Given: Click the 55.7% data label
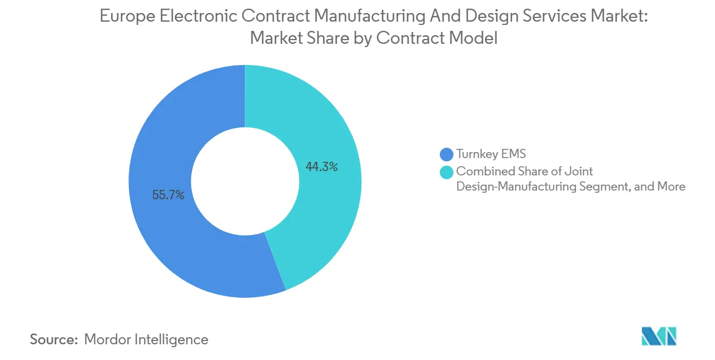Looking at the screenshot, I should tap(168, 195).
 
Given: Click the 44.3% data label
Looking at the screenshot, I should tap(322, 167).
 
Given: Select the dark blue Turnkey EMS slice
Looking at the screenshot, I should tap(162, 244).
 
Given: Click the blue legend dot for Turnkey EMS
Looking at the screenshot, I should tap(446, 155).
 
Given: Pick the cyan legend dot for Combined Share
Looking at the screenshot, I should tap(446, 172).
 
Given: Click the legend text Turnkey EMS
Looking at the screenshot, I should tap(491, 154).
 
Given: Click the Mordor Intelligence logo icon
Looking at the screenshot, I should tap(659, 336).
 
